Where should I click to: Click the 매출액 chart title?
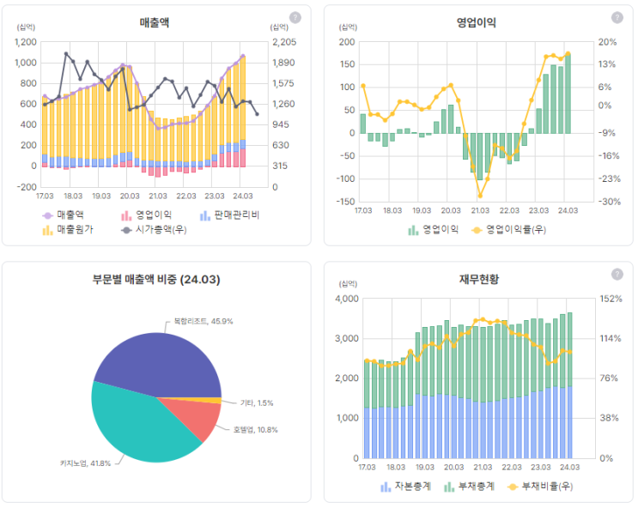[158, 22]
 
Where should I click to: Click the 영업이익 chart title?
[476, 22]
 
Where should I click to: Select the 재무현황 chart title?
[477, 279]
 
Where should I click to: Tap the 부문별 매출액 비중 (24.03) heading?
[158, 279]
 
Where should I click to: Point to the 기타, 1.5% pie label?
[257, 402]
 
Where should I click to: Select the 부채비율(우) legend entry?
[539, 487]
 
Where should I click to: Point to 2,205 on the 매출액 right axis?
[284, 41]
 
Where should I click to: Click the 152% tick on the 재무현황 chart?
[611, 299]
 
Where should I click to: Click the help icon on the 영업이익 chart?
[617, 17]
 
